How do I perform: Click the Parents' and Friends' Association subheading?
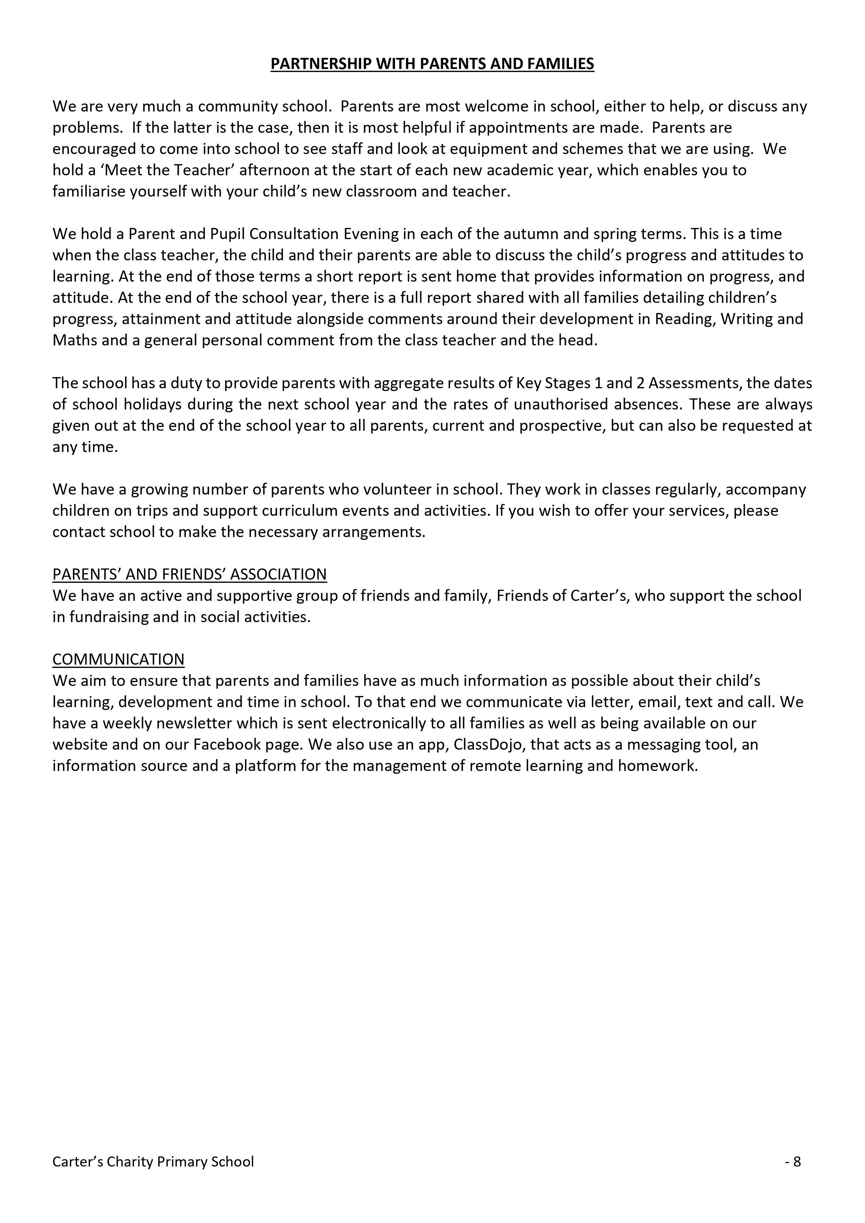click(x=189, y=574)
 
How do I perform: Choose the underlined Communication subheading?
click(x=118, y=659)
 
